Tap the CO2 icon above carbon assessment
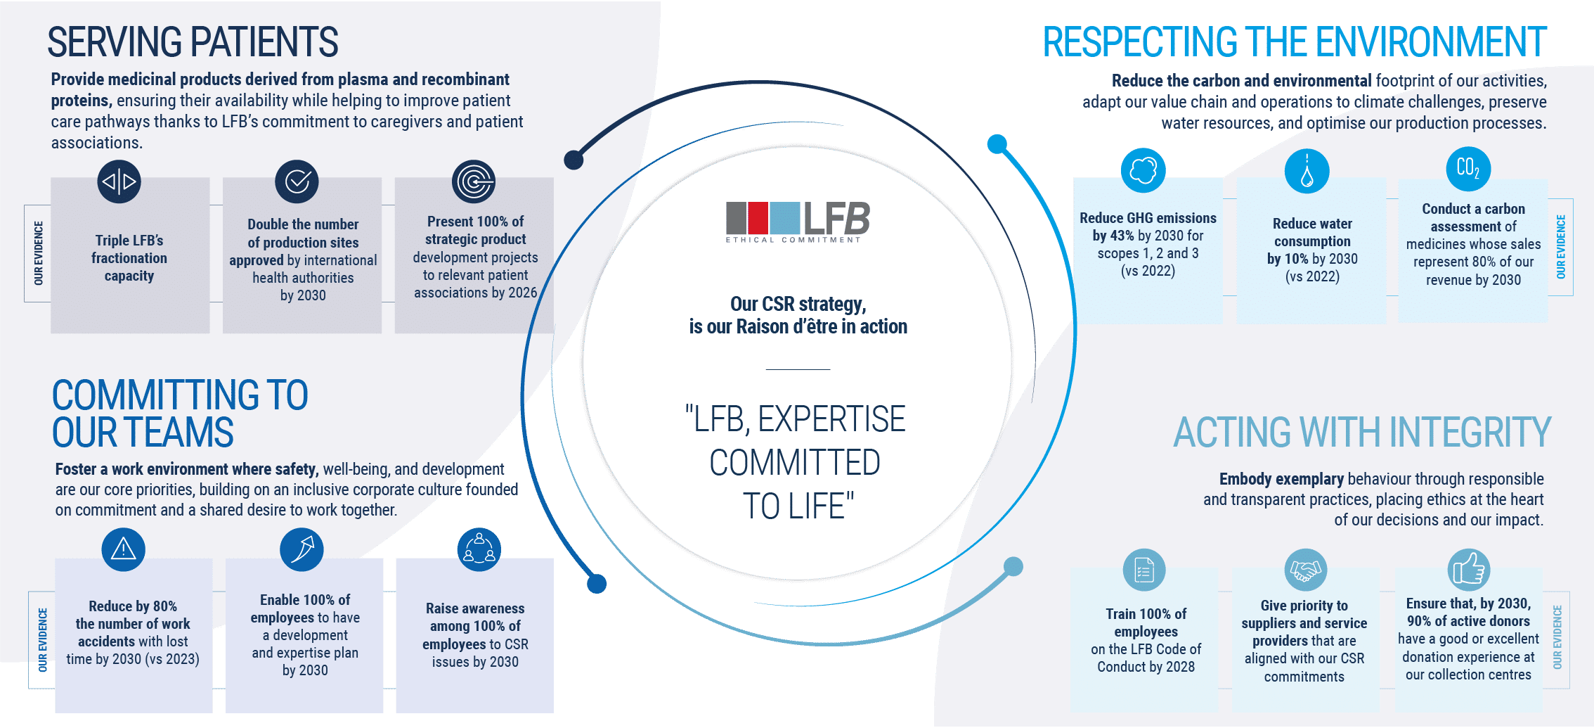[1468, 168]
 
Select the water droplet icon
[1307, 171]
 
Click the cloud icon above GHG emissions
[1143, 170]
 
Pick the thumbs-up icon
[1468, 570]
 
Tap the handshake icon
[1305, 570]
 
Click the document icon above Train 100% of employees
[1144, 570]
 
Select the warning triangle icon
[124, 549]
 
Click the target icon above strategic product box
[474, 181]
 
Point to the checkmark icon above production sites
[297, 181]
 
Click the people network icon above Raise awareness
[479, 549]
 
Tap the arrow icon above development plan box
[302, 549]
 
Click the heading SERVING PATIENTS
[193, 42]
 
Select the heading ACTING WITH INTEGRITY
[1361, 432]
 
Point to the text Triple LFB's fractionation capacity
[129, 258]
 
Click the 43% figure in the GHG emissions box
[1122, 236]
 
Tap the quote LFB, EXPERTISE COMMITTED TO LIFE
[796, 462]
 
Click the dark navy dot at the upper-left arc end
[574, 160]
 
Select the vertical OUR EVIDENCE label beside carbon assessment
[1560, 247]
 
